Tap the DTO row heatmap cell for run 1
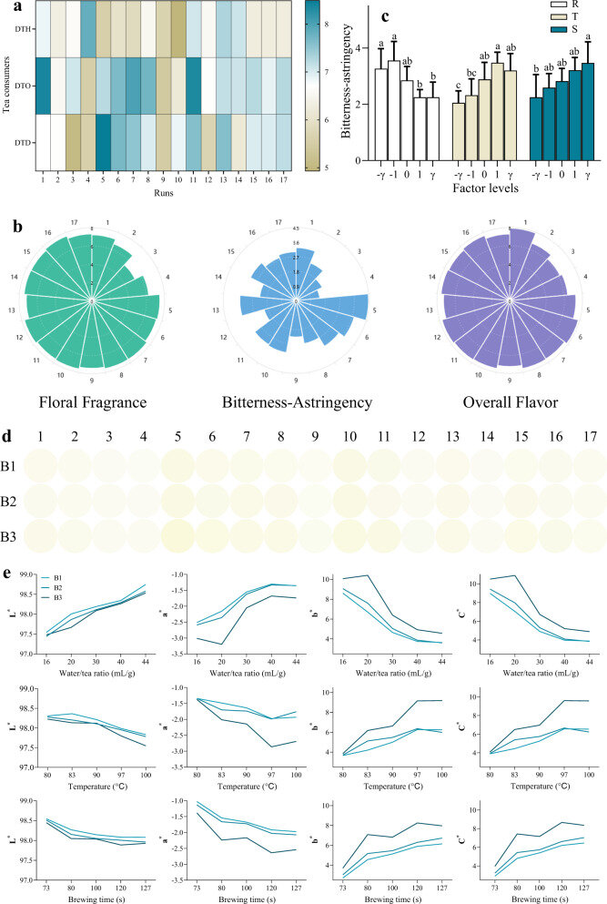click(43, 86)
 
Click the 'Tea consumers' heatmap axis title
click(8, 86)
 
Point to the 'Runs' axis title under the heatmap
click(166, 191)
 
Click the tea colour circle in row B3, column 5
click(177, 528)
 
